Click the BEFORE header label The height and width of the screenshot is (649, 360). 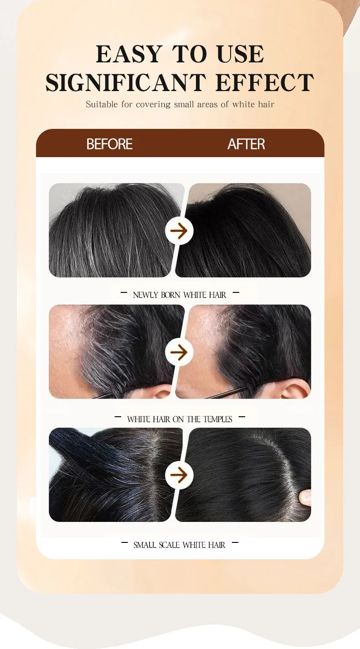[109, 144]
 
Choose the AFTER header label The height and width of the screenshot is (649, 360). [246, 144]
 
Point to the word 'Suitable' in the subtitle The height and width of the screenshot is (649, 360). [102, 104]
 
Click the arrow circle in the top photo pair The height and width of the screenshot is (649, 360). [179, 231]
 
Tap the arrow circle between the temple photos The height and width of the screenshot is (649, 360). [179, 352]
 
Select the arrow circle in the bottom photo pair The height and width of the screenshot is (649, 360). [179, 475]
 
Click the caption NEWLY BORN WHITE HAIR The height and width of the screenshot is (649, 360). [179, 295]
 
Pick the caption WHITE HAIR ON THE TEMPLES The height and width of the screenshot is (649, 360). [179, 419]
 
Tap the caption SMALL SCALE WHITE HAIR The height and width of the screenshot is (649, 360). [179, 545]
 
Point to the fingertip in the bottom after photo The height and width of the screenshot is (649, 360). [305, 497]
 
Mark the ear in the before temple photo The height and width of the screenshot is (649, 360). [159, 392]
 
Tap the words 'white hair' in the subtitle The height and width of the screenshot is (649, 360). [253, 104]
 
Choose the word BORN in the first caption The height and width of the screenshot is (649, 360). [171, 295]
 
